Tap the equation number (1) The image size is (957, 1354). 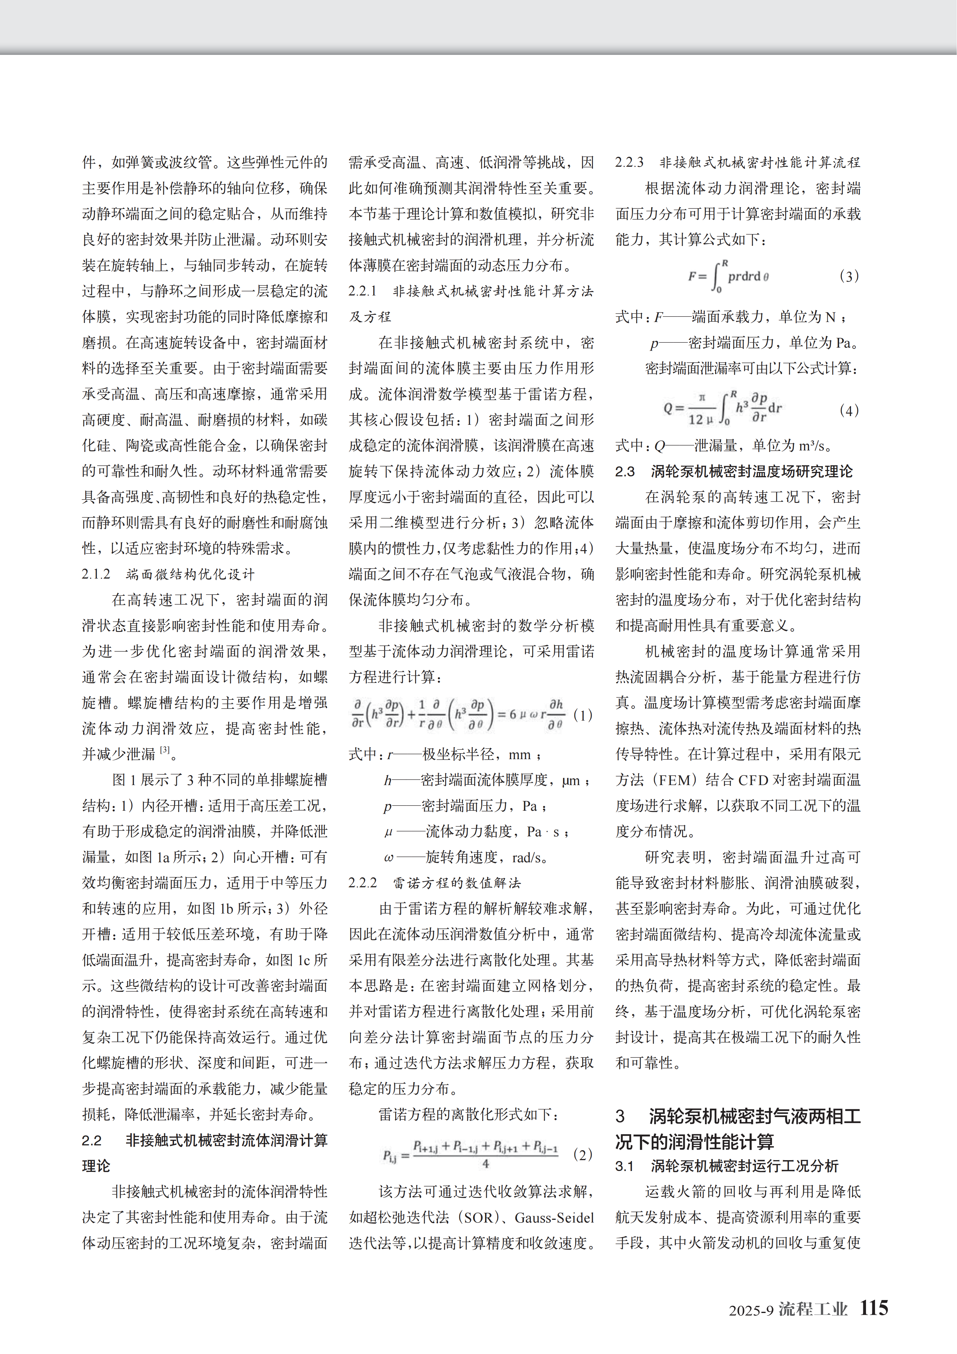click(x=583, y=715)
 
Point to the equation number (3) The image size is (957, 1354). click(x=848, y=276)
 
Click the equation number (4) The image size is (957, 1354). click(x=848, y=410)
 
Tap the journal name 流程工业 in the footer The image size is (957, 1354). click(x=813, y=1309)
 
